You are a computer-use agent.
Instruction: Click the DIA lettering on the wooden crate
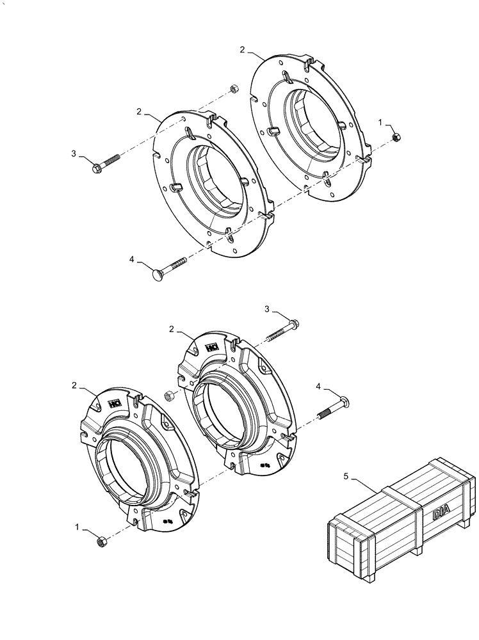[x=441, y=513]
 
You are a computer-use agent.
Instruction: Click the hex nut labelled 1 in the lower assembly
[x=101, y=542]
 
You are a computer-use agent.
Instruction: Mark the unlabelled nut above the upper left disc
[x=234, y=88]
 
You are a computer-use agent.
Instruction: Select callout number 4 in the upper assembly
[x=133, y=259]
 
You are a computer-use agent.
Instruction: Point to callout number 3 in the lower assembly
[x=268, y=309]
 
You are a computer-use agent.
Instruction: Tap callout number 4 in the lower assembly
[x=319, y=386]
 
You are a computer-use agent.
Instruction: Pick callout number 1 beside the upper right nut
[x=380, y=122]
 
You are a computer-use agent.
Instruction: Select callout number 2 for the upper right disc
[x=243, y=49]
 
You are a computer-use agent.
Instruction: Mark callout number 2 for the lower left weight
[x=75, y=386]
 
